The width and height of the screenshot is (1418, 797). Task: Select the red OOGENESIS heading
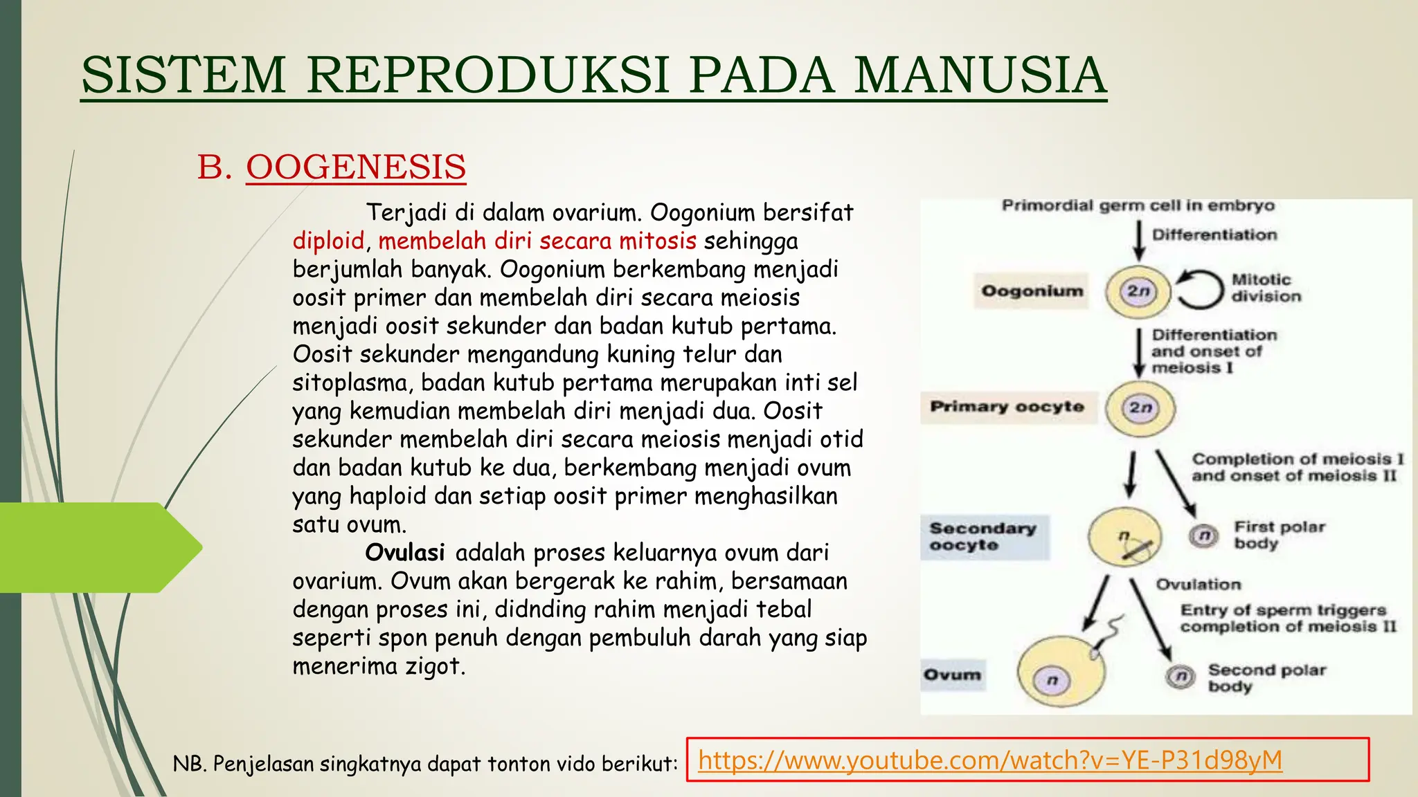356,167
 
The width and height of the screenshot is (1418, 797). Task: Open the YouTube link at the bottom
990,760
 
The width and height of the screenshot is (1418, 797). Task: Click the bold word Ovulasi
405,553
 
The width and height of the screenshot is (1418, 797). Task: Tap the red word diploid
328,241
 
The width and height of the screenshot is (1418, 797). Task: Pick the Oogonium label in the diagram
1032,291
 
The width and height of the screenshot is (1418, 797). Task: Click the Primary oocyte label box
1007,407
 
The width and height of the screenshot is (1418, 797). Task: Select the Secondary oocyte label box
983,537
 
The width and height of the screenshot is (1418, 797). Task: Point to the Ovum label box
953,675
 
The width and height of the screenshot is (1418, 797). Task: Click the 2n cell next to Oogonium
1138,291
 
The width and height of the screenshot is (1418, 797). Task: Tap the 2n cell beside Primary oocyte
1140,407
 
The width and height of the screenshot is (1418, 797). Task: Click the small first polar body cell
1204,535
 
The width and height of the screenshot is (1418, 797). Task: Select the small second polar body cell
1181,676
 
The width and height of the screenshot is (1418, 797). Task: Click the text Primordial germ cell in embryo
1138,205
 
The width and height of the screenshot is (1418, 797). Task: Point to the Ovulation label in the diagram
1199,585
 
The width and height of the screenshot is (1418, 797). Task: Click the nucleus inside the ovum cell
1052,680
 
